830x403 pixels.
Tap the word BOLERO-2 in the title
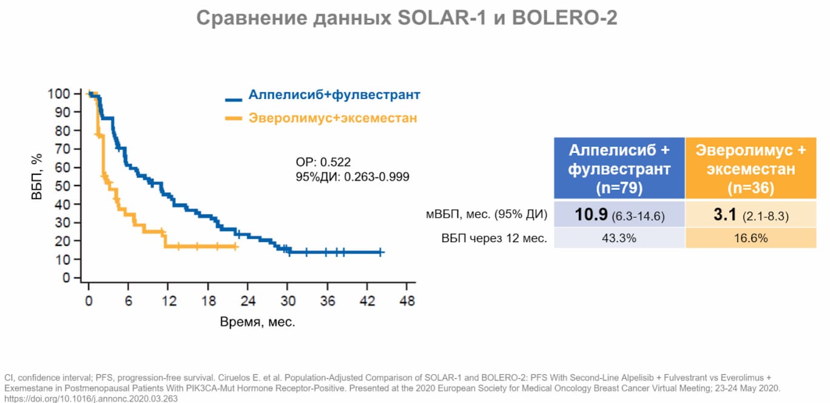565,18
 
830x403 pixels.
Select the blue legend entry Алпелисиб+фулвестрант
334,95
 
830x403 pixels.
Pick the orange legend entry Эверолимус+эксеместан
332,118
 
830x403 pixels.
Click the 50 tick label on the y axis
62,186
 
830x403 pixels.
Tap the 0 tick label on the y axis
66,278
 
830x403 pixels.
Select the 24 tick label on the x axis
248,301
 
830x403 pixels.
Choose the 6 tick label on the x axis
128,301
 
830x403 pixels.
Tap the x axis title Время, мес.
257,322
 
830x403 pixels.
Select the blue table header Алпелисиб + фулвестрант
619,168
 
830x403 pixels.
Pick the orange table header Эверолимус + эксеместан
751,168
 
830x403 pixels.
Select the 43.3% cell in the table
619,239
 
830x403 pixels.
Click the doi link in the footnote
91,399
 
